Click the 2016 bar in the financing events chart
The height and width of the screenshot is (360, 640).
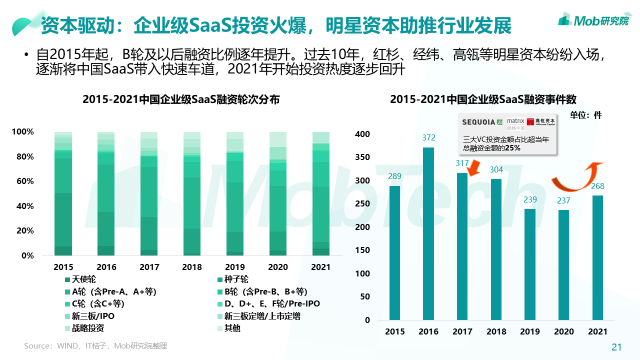coord(428,233)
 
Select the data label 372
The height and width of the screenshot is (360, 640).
coord(428,138)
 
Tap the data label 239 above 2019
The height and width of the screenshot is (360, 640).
coord(530,200)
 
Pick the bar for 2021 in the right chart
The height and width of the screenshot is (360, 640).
coord(598,257)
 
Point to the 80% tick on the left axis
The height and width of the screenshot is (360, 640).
coord(23,156)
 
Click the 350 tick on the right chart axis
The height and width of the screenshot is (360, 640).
coord(362,157)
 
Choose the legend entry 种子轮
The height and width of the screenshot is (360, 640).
coord(236,279)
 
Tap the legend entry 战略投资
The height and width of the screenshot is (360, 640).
coord(88,328)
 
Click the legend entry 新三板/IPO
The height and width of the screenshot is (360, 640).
coord(93,316)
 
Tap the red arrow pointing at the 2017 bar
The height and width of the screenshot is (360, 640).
coord(472,167)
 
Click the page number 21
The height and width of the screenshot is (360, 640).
coord(616,347)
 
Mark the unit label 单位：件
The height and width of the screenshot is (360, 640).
coord(586,115)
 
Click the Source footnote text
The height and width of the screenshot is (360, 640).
coord(95,345)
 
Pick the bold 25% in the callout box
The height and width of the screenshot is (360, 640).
coord(513,148)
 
